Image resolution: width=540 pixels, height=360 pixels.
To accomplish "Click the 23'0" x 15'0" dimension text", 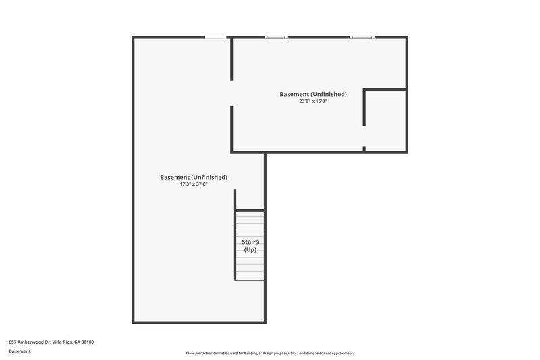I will (x=313, y=101).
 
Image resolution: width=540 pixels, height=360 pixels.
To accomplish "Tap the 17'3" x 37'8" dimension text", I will (x=193, y=184).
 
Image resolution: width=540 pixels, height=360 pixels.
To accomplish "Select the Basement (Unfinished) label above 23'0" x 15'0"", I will (x=313, y=94).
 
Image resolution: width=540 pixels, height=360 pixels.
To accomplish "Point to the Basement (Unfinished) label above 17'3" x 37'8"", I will (x=193, y=177).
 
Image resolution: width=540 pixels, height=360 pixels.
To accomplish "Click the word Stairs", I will (x=250, y=242).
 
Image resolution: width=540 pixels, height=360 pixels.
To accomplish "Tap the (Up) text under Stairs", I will (x=250, y=250).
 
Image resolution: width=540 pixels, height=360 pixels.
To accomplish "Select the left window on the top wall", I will (x=276, y=37).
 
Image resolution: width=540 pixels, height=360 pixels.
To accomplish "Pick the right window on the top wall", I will (x=361, y=37).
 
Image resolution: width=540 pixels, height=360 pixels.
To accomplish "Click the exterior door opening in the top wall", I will (x=215, y=37).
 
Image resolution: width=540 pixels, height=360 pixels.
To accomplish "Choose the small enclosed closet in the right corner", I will (x=385, y=120).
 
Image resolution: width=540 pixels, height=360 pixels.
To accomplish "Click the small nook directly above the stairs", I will (x=250, y=199).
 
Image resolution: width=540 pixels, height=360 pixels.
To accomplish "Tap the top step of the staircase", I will (x=250, y=213).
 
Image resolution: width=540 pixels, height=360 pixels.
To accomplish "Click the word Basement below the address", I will (x=20, y=351).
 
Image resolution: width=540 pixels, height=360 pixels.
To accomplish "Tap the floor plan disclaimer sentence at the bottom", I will (x=269, y=353).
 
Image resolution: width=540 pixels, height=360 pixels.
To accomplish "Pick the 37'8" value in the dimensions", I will (x=200, y=184).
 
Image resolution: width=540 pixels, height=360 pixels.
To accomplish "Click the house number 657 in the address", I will (x=13, y=342).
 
